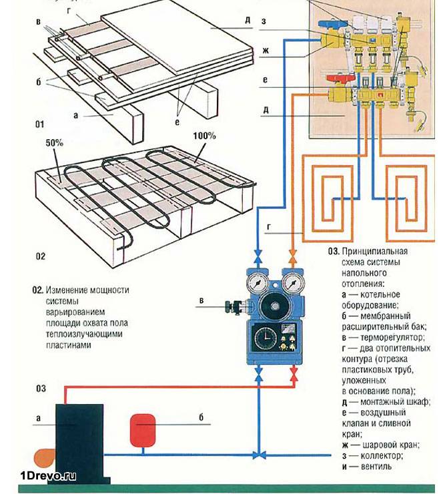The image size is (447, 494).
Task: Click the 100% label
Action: (x=205, y=135)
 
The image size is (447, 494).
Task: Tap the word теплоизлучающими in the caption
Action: (x=77, y=335)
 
